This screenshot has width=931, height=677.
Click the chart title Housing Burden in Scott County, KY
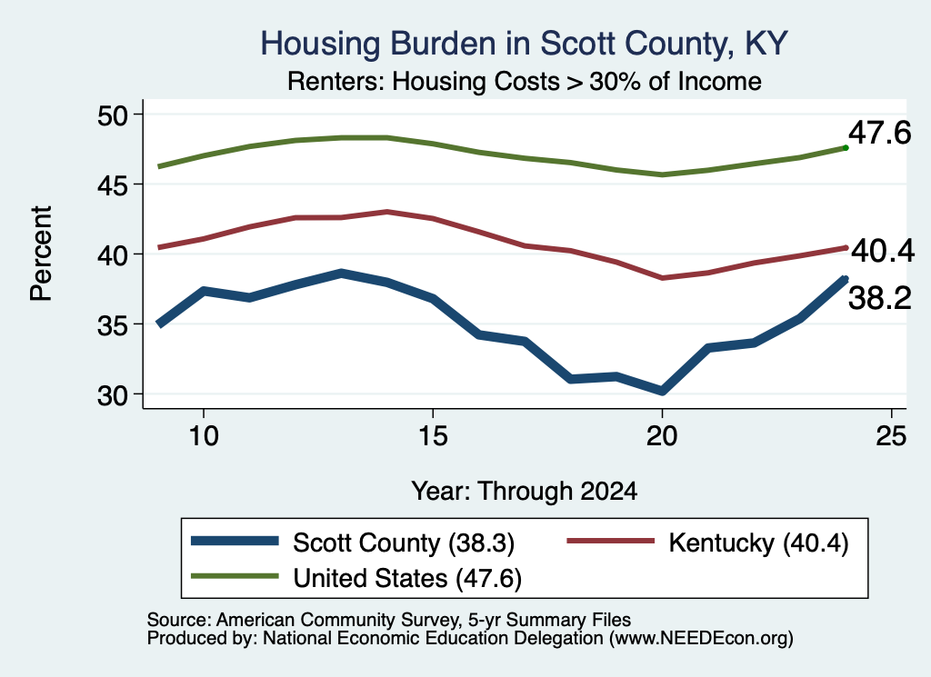[524, 44]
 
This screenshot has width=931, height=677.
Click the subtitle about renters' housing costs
[525, 81]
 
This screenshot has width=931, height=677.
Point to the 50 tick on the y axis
[113, 115]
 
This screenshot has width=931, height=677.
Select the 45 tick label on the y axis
[113, 185]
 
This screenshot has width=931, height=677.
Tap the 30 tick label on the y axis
[113, 395]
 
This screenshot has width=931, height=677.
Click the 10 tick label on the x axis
[204, 436]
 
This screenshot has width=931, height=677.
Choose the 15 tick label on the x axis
[433, 436]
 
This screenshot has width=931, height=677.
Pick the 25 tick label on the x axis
[891, 436]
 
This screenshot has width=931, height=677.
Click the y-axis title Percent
[41, 254]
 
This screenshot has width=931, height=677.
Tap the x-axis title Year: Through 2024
[525, 492]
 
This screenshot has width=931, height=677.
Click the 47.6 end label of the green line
[879, 133]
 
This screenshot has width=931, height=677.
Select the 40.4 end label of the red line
[883, 251]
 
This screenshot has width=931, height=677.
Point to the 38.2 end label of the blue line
[879, 298]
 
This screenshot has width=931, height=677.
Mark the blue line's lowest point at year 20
[662, 391]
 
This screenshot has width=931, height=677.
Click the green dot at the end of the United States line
[846, 148]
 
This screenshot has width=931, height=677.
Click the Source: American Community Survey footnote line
[389, 620]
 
